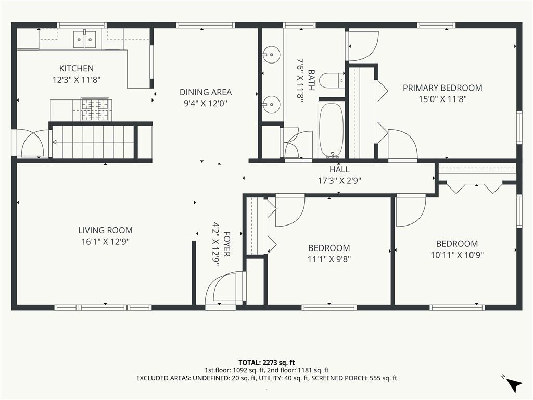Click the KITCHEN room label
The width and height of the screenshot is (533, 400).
(76, 68)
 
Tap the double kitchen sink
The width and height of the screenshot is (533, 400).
(84, 40)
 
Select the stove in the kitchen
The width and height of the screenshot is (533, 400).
(95, 110)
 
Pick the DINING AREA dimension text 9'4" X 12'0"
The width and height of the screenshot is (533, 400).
(205, 103)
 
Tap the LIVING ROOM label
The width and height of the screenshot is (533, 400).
(105, 230)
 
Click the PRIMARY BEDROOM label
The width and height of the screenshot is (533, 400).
(442, 87)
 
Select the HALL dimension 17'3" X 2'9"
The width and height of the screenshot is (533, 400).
(339, 181)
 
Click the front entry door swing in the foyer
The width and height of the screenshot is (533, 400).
(222, 287)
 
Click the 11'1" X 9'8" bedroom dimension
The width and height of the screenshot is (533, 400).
(329, 259)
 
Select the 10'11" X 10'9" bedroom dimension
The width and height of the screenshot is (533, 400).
(457, 255)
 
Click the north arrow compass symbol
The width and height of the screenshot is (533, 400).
(513, 384)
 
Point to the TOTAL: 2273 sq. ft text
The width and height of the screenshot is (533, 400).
(266, 362)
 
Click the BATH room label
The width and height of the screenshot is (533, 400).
(311, 80)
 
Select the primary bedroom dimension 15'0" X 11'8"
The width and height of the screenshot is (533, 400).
(442, 99)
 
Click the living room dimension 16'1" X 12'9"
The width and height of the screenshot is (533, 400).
(105, 242)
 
